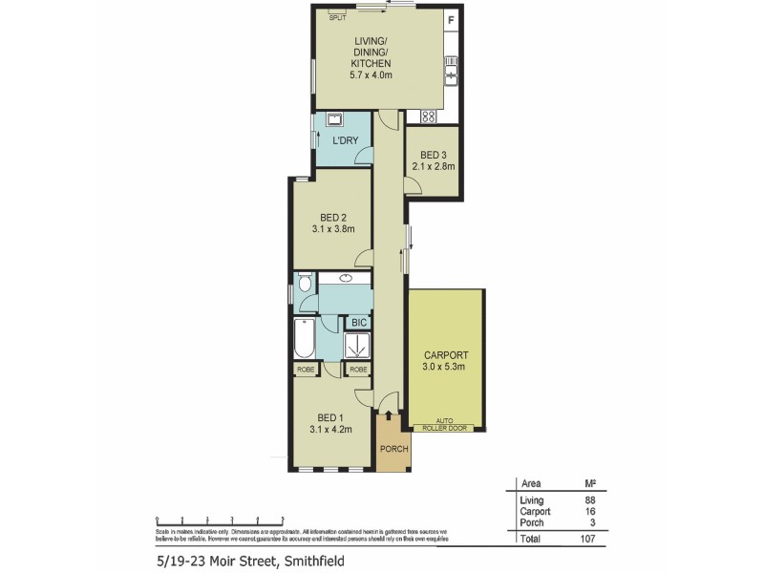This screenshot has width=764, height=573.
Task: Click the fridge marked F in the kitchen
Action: point(452,20)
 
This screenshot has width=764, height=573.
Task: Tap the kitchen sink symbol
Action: point(452,70)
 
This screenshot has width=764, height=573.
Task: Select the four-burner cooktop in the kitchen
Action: point(429,117)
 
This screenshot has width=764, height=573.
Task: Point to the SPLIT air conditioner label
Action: point(338,17)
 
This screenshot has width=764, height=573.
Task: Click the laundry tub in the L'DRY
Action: point(334,120)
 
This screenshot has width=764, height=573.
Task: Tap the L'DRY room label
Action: point(345,141)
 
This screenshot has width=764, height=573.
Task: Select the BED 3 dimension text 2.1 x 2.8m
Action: point(434,166)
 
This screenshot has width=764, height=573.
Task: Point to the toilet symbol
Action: point(304,284)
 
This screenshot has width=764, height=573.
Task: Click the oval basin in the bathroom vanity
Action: point(345,279)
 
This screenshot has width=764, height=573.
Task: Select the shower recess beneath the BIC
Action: point(358,345)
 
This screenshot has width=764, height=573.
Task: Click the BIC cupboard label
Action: point(358,323)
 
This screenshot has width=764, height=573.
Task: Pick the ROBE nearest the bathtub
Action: point(307,370)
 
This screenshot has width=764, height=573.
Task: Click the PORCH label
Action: point(393,450)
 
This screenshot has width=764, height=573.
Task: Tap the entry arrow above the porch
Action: point(389,414)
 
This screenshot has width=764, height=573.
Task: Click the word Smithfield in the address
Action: point(311,562)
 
